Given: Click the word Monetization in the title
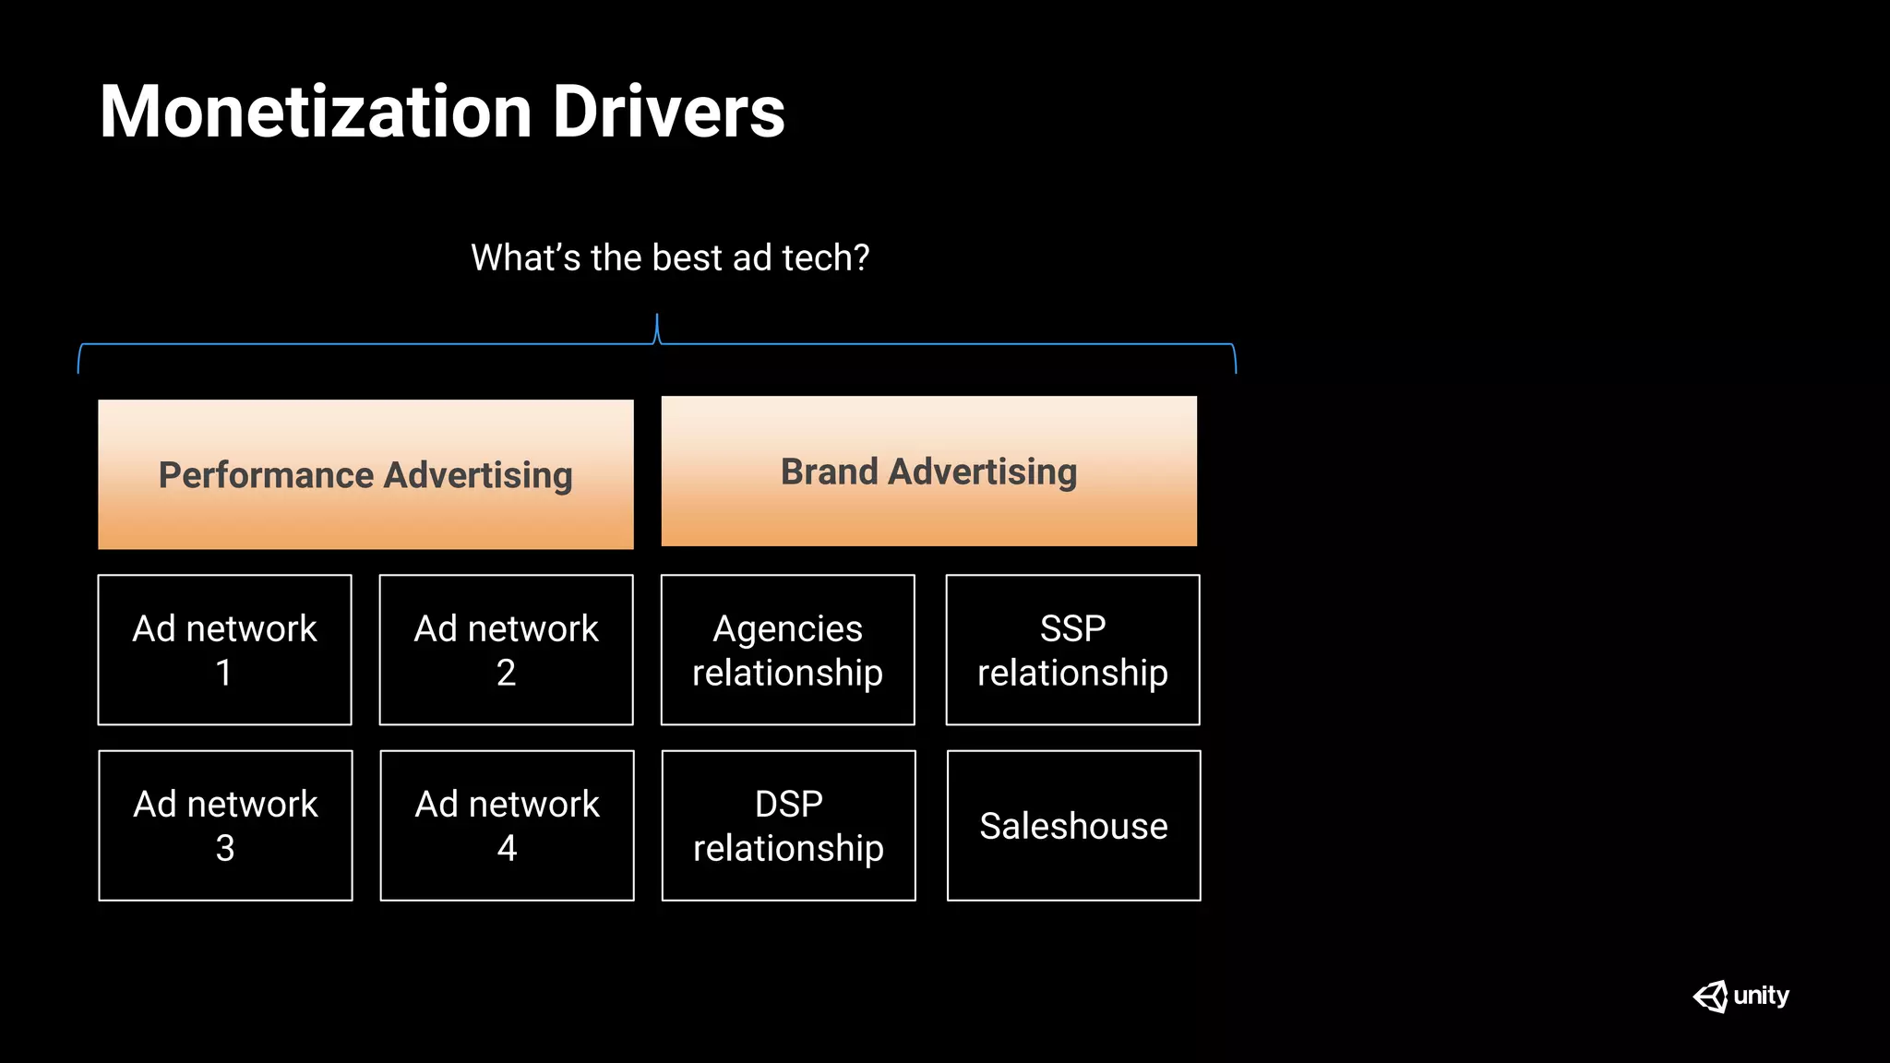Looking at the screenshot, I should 316,113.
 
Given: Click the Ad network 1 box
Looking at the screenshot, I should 224,650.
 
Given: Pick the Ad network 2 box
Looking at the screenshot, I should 506,650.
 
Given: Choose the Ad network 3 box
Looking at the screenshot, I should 225,825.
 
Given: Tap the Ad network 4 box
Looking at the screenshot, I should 507,825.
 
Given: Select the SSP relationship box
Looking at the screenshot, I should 1072,650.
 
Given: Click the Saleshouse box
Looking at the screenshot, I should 1073,825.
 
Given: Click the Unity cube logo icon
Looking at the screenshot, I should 1710,997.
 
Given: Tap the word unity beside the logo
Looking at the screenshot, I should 1761,996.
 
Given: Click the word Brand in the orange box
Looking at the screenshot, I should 829,472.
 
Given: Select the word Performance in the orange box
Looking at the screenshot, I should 266,475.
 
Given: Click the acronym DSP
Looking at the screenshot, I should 788,804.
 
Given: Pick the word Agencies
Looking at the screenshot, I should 787,629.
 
